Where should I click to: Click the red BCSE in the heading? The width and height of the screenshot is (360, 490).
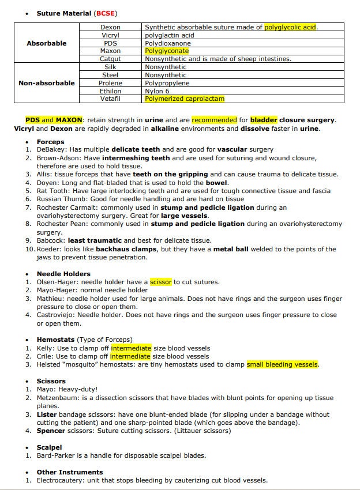click(x=106, y=13)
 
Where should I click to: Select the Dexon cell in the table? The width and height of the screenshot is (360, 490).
click(x=110, y=27)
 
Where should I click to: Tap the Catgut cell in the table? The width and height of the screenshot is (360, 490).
click(x=110, y=59)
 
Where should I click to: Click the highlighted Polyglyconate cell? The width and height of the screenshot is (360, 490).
click(x=167, y=51)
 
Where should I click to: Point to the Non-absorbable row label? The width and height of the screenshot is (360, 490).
click(x=47, y=83)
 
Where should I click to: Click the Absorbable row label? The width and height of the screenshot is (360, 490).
click(x=47, y=43)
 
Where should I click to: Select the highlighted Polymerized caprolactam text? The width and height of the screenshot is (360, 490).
click(x=185, y=99)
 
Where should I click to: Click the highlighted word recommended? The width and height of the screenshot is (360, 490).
click(x=214, y=120)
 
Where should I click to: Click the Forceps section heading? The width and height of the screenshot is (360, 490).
click(x=51, y=141)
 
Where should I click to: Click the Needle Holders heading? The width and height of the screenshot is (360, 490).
click(x=63, y=274)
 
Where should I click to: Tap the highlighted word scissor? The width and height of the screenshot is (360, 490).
click(x=161, y=282)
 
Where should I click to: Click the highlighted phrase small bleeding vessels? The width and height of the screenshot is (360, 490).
click(x=283, y=364)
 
